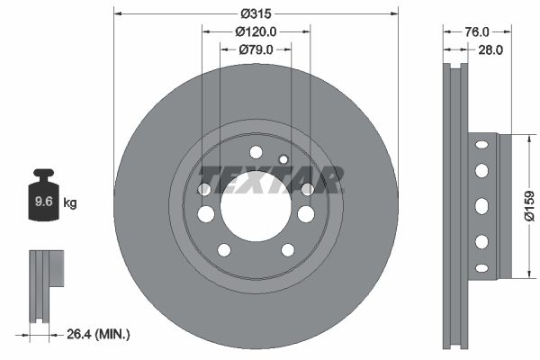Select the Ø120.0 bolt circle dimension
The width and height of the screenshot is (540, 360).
[256, 31]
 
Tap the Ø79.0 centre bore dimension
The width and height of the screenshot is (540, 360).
[256, 49]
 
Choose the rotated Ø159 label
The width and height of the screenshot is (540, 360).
[530, 206]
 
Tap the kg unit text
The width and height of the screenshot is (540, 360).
[69, 202]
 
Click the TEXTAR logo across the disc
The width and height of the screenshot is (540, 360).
[270, 178]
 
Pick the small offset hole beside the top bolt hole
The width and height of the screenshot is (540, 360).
[283, 159]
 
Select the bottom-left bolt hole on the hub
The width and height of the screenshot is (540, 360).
[224, 249]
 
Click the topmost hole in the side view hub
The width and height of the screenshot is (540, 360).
[481, 144]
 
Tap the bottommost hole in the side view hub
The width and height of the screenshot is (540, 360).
[481, 267]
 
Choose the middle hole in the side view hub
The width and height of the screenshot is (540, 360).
[481, 205]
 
